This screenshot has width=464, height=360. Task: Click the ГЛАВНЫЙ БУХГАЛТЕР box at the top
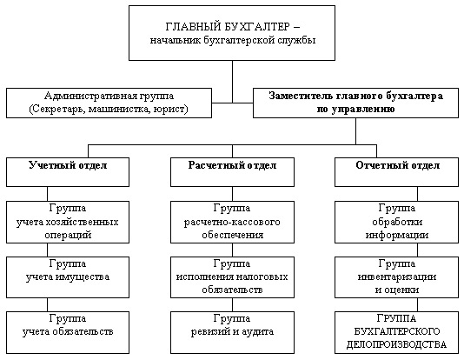[x=232, y=33]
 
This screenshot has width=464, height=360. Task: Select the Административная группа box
[x=109, y=103]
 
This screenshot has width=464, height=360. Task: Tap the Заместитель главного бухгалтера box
[x=355, y=103]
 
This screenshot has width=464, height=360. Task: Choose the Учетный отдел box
[x=68, y=172]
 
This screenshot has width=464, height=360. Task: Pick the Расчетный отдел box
[x=232, y=172]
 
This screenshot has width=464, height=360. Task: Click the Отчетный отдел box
[x=397, y=172]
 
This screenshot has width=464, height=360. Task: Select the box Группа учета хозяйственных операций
[x=68, y=222]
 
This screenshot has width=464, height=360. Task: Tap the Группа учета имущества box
[x=68, y=277]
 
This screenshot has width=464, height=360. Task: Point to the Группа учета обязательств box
[x=68, y=332]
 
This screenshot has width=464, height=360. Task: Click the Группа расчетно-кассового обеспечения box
[x=232, y=222]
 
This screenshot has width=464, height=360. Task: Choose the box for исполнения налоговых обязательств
[x=232, y=277]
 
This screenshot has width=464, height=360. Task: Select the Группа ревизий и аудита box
[x=232, y=332]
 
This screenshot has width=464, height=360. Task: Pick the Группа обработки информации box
[x=397, y=222]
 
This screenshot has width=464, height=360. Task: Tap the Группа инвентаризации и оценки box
[x=397, y=277]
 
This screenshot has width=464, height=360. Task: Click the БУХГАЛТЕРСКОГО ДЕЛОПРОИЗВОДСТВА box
[x=397, y=332]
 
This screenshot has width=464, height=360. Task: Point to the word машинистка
[x=120, y=110]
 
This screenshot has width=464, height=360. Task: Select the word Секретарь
[x=58, y=110]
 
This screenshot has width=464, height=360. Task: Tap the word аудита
[x=257, y=332]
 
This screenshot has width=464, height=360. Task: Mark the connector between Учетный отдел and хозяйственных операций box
[x=47, y=194]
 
